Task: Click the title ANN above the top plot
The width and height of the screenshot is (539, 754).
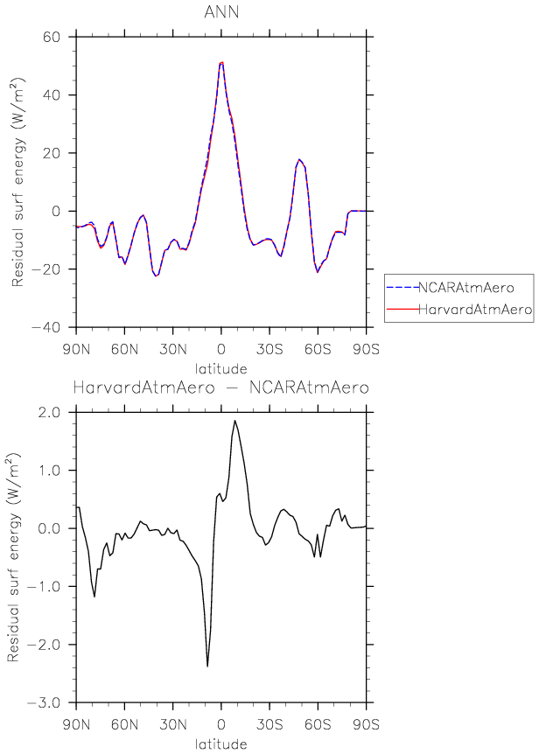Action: click(x=221, y=11)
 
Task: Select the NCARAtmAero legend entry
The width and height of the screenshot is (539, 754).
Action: click(x=453, y=288)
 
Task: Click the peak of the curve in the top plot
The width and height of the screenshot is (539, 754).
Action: click(x=222, y=62)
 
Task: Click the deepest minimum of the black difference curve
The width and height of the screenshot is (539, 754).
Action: click(x=207, y=667)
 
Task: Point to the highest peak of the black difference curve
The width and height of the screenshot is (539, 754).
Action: click(x=234, y=421)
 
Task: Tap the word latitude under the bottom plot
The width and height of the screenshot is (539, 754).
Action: click(x=221, y=744)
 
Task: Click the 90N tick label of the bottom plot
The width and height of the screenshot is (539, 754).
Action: click(x=77, y=725)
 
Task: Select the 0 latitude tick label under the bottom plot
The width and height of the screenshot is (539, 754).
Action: click(x=222, y=725)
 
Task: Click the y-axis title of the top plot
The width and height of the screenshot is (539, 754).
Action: click(x=18, y=182)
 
